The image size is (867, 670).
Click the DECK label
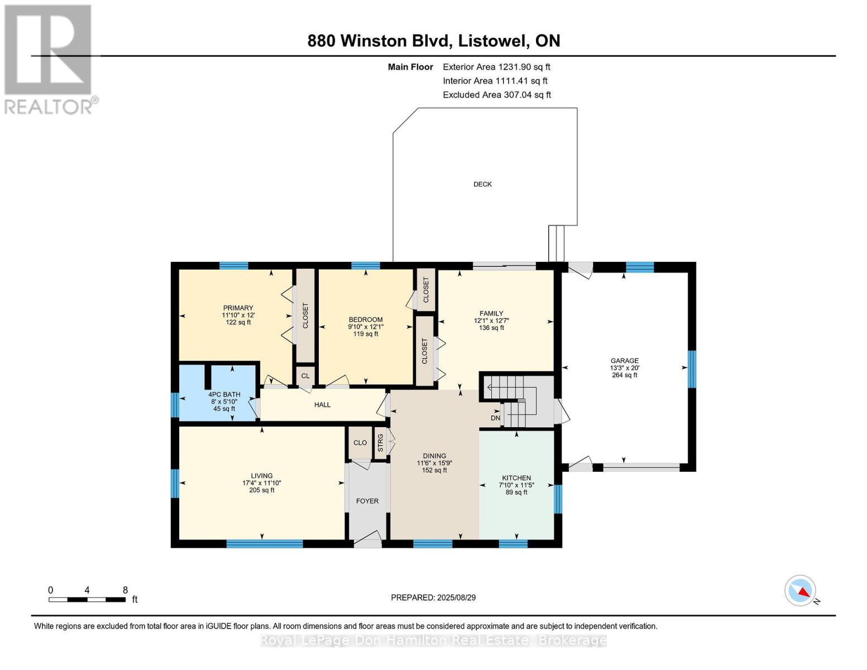(482, 184)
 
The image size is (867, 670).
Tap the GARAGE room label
(624, 360)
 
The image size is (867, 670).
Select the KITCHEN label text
(516, 478)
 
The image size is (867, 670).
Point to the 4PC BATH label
(224, 394)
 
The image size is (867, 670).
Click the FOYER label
(367, 501)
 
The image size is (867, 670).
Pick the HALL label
(322, 405)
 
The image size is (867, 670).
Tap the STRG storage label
(380, 443)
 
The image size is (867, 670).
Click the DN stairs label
(495, 418)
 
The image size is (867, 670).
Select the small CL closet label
(305, 376)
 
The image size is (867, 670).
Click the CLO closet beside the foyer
(360, 443)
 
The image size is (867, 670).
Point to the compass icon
(800, 591)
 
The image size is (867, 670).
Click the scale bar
(88, 599)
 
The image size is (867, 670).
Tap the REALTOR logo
(50, 59)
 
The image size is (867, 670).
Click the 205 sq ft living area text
(262, 490)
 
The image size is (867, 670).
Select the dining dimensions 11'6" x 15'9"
(434, 463)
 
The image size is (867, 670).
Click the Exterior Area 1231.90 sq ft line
(496, 67)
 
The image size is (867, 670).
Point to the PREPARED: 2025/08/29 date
(433, 597)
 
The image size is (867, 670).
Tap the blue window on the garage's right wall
(692, 369)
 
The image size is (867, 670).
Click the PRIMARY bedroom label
(238, 308)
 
